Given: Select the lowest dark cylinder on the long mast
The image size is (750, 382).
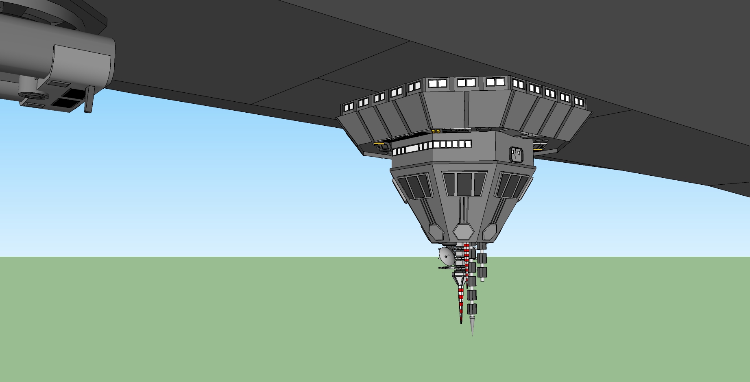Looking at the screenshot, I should (x=472, y=308).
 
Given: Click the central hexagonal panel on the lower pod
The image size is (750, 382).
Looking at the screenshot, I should (x=464, y=232).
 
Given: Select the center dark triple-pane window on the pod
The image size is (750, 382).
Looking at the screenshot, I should (x=464, y=184).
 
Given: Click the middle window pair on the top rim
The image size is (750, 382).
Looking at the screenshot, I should (x=466, y=83).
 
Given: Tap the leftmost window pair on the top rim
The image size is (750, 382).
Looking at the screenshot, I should (x=349, y=107).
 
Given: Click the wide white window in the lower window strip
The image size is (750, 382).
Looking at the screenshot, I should (x=412, y=149).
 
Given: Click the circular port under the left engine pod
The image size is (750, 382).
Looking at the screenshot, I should (x=32, y=97).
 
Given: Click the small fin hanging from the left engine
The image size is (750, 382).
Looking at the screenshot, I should (x=89, y=100).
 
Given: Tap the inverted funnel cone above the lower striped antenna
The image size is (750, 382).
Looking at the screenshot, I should (x=460, y=280).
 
